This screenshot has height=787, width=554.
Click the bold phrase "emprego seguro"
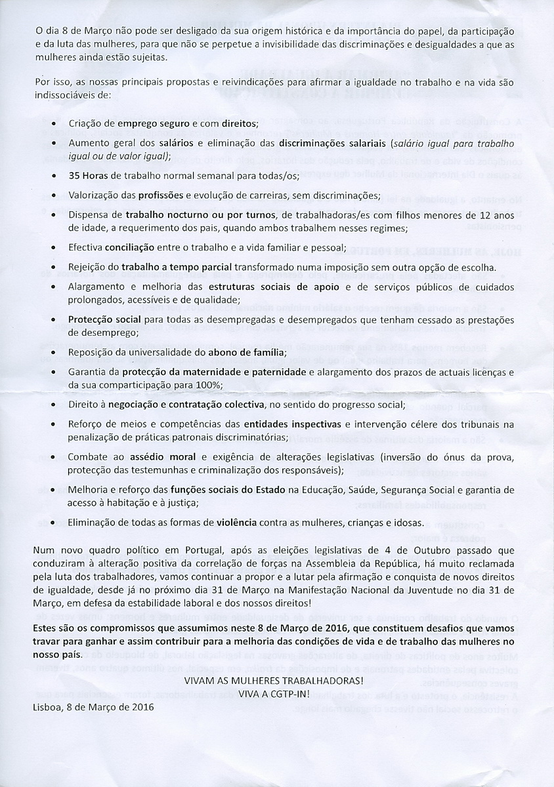pyautogui.click(x=152, y=123)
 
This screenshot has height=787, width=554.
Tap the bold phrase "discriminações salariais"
pyautogui.click(x=331, y=142)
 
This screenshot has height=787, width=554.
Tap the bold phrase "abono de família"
pyautogui.click(x=251, y=352)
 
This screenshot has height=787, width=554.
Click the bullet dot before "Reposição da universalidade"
pyautogui.click(x=54, y=352)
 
